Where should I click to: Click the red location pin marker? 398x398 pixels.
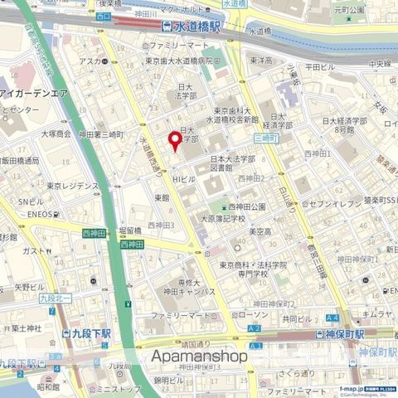tap(174, 140)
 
